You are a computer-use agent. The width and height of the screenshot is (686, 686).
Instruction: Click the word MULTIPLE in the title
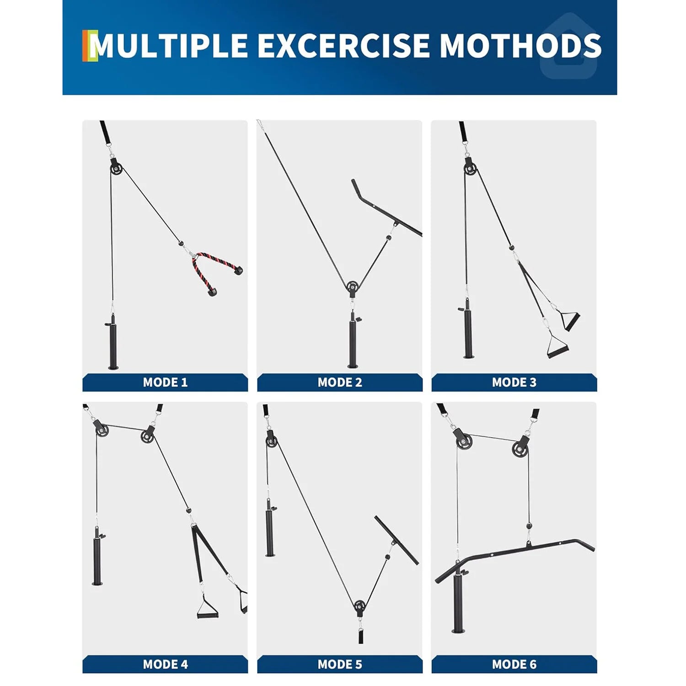pos(168,46)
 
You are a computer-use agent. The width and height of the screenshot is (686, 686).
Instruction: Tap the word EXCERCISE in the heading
pos(343,46)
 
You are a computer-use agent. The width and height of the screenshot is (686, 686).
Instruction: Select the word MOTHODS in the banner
pos(520,46)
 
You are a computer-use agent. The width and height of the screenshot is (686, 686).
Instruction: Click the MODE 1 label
pos(165,382)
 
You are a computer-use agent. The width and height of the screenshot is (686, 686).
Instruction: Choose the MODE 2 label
pos(340,382)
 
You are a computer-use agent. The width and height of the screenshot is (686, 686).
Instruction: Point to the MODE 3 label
pos(514,382)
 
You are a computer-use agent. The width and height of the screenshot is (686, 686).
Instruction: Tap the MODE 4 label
pos(165,664)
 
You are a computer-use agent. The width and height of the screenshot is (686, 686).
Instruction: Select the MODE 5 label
pos(340,664)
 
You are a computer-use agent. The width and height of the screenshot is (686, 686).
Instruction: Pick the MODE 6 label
pos(514,664)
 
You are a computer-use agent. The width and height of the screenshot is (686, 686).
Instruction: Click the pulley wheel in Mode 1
pos(116,168)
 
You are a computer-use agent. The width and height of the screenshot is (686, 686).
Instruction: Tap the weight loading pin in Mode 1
pos(113,343)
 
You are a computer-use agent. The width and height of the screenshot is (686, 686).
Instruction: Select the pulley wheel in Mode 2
pos(352,287)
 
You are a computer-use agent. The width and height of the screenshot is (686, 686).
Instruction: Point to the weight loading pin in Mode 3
pos(467,332)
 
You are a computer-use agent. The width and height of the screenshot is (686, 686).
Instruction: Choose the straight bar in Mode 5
pos(396,540)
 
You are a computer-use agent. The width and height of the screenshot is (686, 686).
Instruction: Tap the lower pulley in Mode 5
pos(360,606)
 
